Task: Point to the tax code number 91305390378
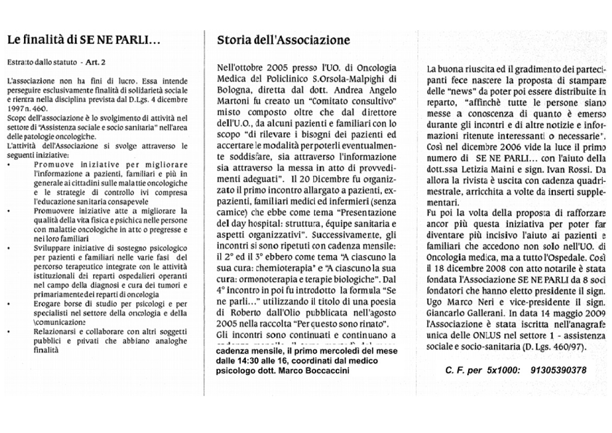tap(558, 370)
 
